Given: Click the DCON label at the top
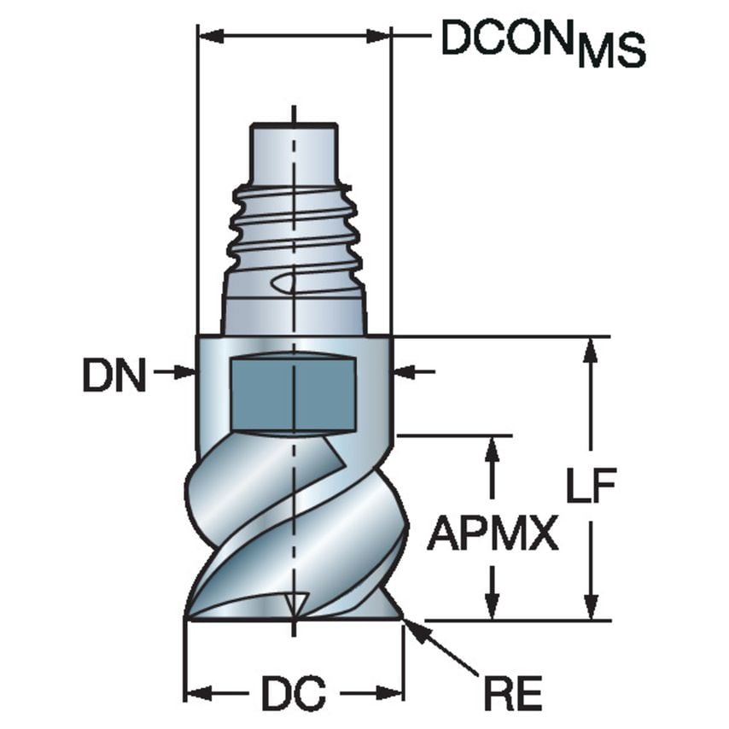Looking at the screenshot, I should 507,38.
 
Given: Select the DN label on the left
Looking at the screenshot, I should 114,375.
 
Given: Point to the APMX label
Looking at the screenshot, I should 493,535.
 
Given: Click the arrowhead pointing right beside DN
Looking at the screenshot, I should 187,372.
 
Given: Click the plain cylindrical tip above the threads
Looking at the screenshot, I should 293,150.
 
